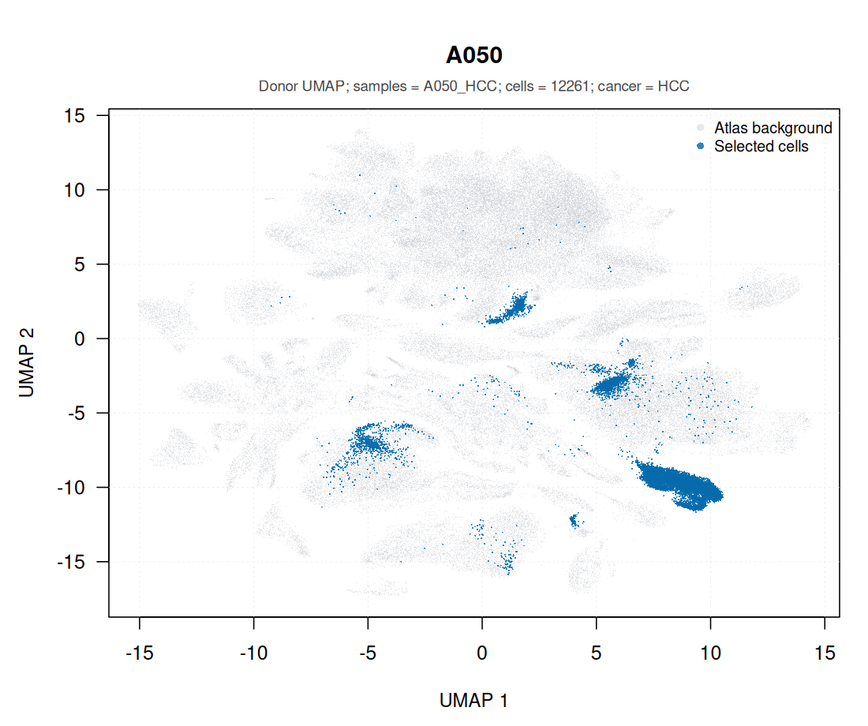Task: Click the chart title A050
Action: pos(474,55)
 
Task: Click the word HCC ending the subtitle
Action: pos(673,86)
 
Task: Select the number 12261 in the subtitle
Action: pos(570,86)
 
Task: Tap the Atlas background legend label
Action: pos(773,128)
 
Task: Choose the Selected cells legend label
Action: pos(761,146)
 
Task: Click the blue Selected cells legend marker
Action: pos(700,146)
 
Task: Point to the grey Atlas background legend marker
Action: pos(700,128)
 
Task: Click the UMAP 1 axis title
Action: pos(474,701)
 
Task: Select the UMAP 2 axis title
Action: pos(27,363)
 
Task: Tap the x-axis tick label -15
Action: pos(140,653)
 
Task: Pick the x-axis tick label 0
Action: pos(482,653)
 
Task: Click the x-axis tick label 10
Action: pos(711,653)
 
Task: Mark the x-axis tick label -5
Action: pos(368,653)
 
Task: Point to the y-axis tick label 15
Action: pos(74,116)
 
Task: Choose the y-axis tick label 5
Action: pos(80,264)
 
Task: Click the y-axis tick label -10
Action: pos(71,488)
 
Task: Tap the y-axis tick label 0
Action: pos(80,339)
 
